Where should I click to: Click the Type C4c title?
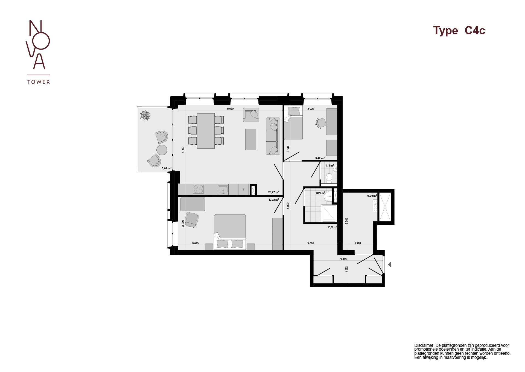click(x=459, y=31)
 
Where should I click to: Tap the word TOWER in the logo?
click(x=39, y=82)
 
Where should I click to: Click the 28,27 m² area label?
click(x=273, y=192)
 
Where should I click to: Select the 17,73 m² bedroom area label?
click(x=273, y=200)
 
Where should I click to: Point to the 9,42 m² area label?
click(x=320, y=158)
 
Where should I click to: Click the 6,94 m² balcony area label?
click(x=166, y=168)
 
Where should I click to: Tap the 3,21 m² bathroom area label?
click(x=320, y=193)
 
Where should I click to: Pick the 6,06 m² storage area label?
click(x=372, y=196)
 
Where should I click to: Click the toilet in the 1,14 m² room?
click(x=329, y=178)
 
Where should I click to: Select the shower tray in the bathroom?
click(x=329, y=213)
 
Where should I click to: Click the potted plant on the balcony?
click(x=145, y=115)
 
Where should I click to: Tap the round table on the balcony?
click(x=162, y=150)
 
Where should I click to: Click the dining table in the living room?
click(x=206, y=131)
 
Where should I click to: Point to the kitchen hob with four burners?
click(x=198, y=189)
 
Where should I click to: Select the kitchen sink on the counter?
click(x=223, y=189)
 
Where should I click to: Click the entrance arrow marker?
click(x=390, y=265)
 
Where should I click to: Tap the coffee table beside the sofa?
click(x=251, y=139)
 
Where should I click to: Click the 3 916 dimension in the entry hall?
click(x=343, y=259)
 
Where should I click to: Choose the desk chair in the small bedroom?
click(x=321, y=123)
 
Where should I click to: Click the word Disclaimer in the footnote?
click(x=424, y=345)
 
